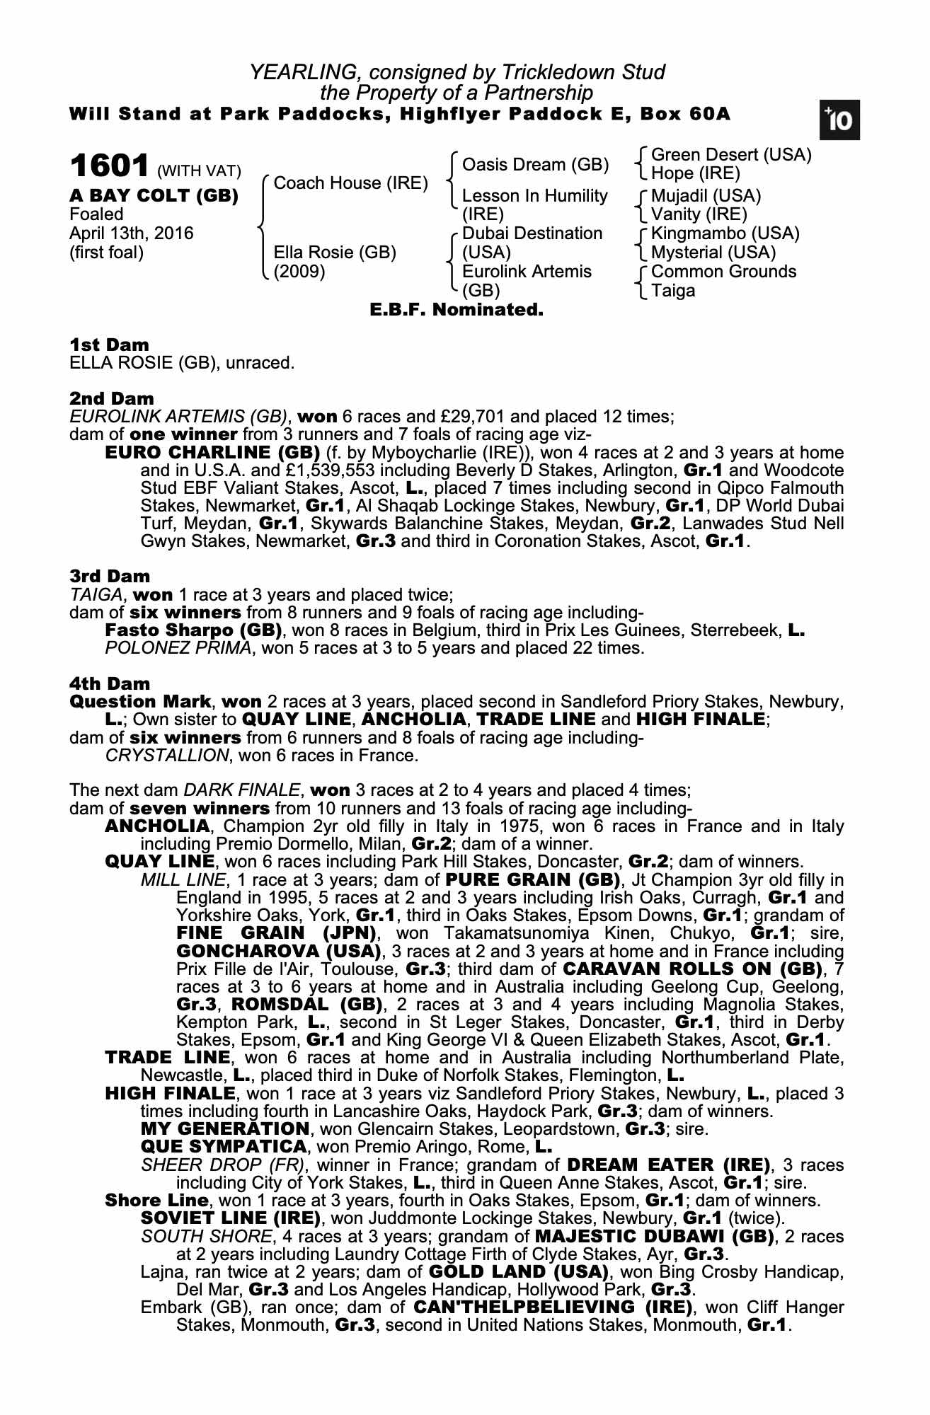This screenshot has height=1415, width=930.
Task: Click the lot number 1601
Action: tap(109, 167)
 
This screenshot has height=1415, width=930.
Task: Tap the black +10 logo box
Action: tap(839, 120)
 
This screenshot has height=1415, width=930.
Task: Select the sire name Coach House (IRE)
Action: tap(350, 183)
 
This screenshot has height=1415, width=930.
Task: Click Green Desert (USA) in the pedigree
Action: tap(730, 155)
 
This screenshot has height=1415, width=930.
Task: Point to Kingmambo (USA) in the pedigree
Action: tap(725, 233)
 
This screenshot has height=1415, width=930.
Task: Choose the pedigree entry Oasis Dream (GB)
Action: tap(535, 165)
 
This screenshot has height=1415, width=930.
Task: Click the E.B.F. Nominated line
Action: tap(457, 310)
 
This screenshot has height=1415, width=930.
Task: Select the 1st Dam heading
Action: tap(110, 345)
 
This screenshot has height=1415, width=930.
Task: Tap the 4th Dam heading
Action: tap(110, 683)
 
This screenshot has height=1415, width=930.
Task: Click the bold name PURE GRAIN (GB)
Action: tap(534, 880)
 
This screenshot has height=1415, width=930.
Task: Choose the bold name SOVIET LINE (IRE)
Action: tap(231, 1218)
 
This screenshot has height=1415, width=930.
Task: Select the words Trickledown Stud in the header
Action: tap(583, 72)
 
